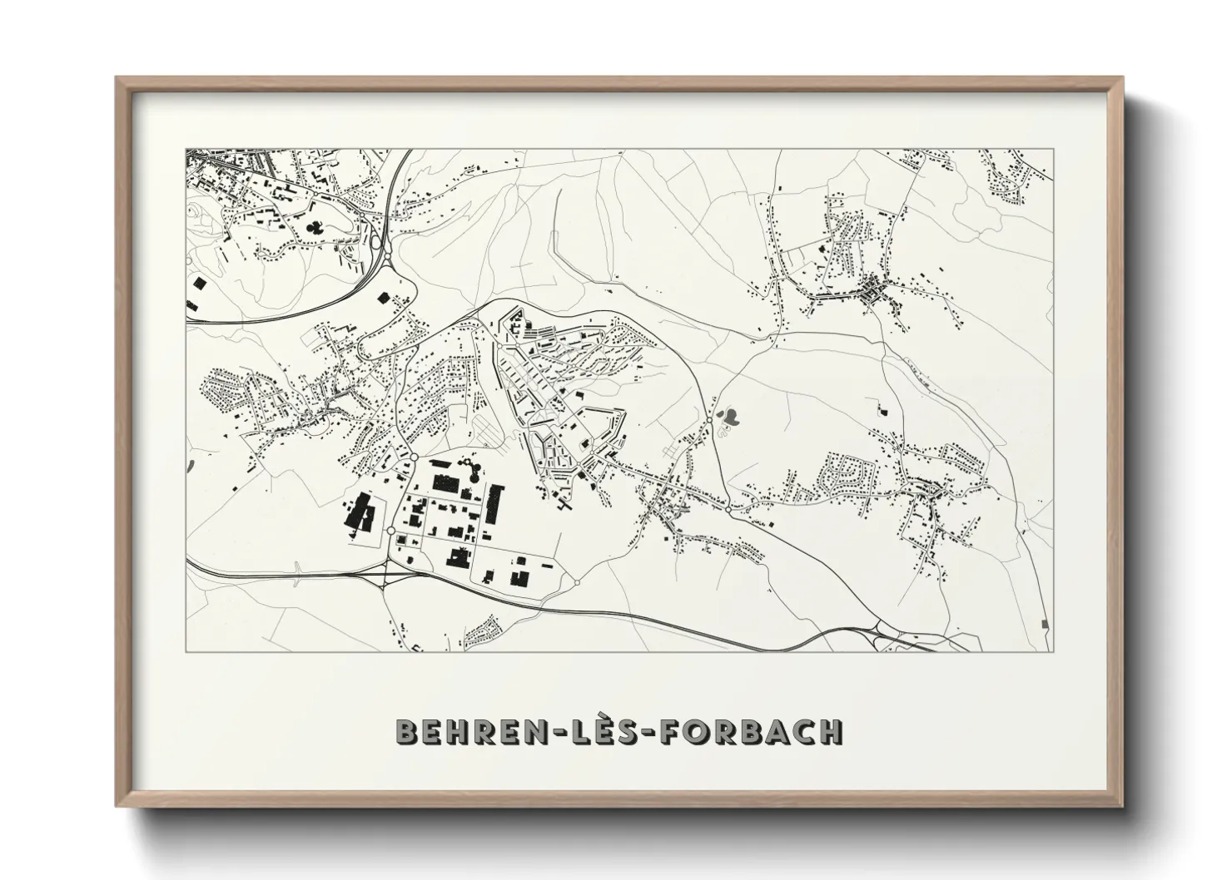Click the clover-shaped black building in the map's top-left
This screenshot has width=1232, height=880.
coord(314,225)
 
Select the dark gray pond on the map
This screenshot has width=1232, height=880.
coord(730,413)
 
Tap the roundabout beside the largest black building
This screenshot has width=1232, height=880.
coord(390,530)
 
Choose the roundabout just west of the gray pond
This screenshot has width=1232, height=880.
coord(713,415)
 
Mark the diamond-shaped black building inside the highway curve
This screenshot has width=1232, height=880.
coord(383,296)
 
